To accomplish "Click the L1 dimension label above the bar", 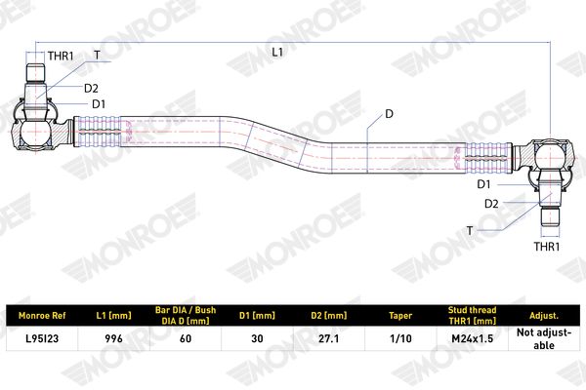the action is pos(277,53).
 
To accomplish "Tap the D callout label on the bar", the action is pos(389,114).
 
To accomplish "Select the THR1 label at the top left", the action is pos(61,57).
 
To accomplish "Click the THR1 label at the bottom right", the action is pos(547,247).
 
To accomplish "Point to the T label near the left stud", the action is pos(97,56).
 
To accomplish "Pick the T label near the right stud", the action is pos(470,231).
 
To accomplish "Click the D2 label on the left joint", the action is pos(91,89).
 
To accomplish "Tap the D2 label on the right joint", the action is pos(491,204).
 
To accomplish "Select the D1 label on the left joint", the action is pos(99,104).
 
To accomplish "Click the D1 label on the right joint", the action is pos(483,184).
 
